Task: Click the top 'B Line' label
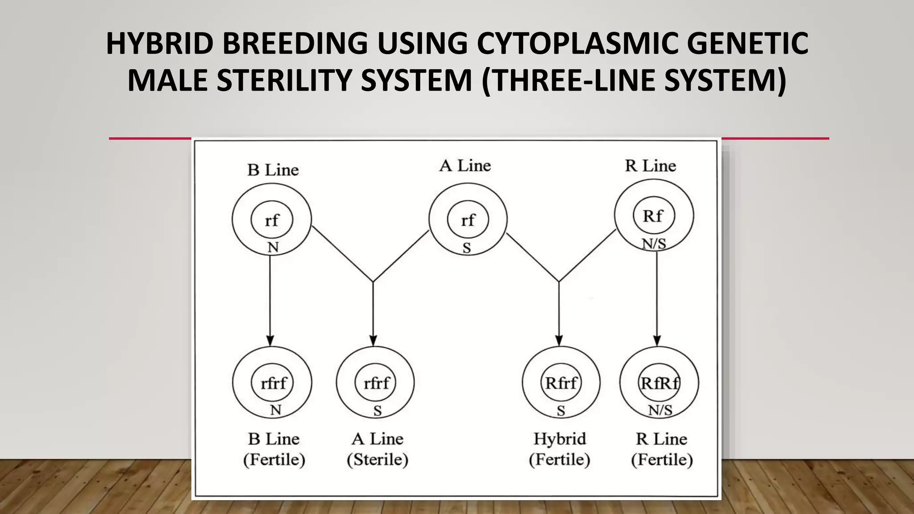(x=273, y=170)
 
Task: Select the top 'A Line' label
(x=465, y=166)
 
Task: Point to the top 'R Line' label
(x=650, y=166)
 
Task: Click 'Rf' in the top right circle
(x=653, y=216)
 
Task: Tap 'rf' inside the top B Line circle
(x=272, y=220)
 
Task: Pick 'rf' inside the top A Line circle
(x=468, y=220)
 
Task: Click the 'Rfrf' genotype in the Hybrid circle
(x=561, y=383)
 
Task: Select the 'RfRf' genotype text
(x=660, y=383)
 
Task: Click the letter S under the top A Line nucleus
(x=467, y=248)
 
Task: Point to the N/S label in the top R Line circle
(x=654, y=244)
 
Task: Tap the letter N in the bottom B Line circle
(x=275, y=410)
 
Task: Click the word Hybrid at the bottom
(x=560, y=439)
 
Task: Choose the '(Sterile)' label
(x=378, y=460)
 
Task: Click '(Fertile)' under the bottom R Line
(x=662, y=460)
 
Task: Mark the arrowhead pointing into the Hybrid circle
(x=559, y=340)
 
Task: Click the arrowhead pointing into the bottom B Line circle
(x=270, y=340)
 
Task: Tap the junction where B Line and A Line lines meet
(x=373, y=282)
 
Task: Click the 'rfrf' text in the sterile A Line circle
(x=376, y=383)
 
